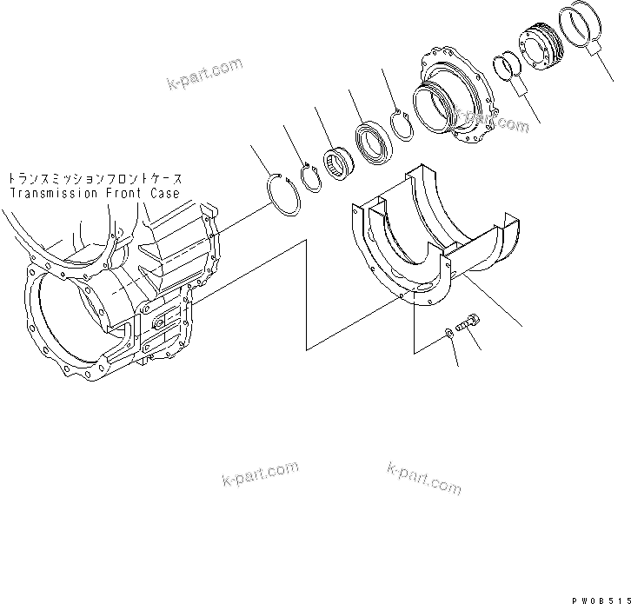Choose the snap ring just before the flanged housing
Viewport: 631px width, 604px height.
(402, 124)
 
